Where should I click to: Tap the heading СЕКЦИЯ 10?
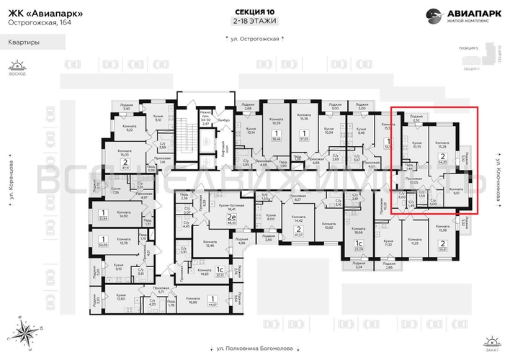pyautogui.click(x=254, y=12)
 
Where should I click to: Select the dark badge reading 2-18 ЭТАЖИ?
pyautogui.click(x=254, y=22)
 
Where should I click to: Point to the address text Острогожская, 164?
pyautogui.click(x=36, y=22)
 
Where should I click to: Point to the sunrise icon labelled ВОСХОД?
pyautogui.click(x=12, y=67)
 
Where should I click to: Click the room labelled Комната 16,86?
pyautogui.click(x=192, y=302)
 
